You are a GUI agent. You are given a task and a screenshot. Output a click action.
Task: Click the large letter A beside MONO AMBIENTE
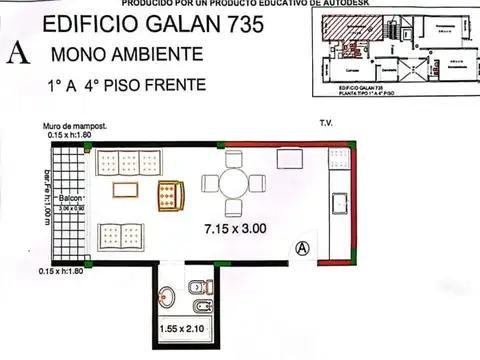[18, 54]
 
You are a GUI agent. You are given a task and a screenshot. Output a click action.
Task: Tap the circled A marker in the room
[299, 248]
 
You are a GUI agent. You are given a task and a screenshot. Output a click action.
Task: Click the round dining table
[233, 183]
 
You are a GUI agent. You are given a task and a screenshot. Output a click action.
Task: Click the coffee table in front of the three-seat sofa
[126, 190]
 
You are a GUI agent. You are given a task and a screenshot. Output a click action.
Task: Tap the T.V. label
[326, 125]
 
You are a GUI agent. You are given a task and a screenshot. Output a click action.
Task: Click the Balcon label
[69, 200]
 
